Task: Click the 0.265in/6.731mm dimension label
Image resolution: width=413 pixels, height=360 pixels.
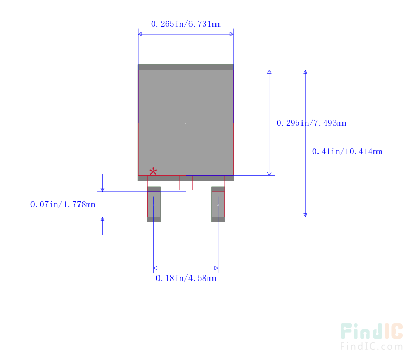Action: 186,24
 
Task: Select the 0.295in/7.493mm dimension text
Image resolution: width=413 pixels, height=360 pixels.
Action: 311,123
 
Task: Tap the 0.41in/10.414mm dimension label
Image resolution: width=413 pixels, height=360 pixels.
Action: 347,151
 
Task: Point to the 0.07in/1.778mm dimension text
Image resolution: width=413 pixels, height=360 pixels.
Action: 62,204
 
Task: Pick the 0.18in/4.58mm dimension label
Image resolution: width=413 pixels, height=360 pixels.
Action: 186,278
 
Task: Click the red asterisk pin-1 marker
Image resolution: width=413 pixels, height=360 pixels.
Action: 153,172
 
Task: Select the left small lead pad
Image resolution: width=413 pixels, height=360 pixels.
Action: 153,204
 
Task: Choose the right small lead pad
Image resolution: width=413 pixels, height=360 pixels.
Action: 218,204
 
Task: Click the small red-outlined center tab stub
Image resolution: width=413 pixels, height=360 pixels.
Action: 186,183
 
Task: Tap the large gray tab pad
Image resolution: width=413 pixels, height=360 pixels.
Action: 186,123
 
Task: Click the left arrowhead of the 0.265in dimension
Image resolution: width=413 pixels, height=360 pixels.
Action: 140,34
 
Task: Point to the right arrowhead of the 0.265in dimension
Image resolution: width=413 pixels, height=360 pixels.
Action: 231,34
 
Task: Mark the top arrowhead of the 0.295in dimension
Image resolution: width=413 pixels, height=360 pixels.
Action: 269,72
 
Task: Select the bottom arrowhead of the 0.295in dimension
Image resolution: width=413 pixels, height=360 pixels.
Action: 269,174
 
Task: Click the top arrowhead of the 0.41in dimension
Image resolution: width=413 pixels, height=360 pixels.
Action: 305,72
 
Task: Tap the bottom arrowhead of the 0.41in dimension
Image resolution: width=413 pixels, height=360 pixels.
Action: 305,215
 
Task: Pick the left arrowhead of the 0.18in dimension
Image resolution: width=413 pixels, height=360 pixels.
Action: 155,268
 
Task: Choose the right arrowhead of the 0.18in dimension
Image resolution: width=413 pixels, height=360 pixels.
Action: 216,268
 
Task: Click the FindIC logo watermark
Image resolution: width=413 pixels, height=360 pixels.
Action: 371,331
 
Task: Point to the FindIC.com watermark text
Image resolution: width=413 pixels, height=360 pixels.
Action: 371,346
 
